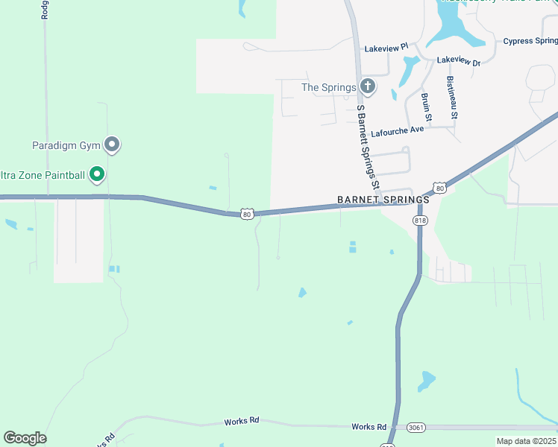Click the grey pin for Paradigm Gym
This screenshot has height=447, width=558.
pyautogui.click(x=112, y=145)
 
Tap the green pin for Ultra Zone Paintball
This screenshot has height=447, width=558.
pyautogui.click(x=97, y=175)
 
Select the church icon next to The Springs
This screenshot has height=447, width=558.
pyautogui.click(x=368, y=87)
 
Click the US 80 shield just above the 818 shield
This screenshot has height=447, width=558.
pyautogui.click(x=440, y=188)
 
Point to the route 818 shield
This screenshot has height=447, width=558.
pyautogui.click(x=420, y=220)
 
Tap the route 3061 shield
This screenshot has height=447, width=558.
pyautogui.click(x=417, y=427)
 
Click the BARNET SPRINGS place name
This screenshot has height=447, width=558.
pyautogui.click(x=383, y=200)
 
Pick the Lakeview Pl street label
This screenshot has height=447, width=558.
pyautogui.click(x=386, y=48)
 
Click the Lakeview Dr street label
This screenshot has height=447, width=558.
pyautogui.click(x=459, y=60)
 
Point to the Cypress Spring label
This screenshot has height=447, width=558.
pyautogui.click(x=530, y=41)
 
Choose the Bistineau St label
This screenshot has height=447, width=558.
pyautogui.click(x=452, y=98)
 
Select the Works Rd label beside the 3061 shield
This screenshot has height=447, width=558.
pyautogui.click(x=369, y=427)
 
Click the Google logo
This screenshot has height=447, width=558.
pyautogui.click(x=25, y=438)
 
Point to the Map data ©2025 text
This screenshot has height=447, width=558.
pyautogui.click(x=526, y=441)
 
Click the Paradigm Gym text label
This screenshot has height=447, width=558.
pyautogui.click(x=66, y=145)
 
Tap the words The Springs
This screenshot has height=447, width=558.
pyautogui.click(x=328, y=87)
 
